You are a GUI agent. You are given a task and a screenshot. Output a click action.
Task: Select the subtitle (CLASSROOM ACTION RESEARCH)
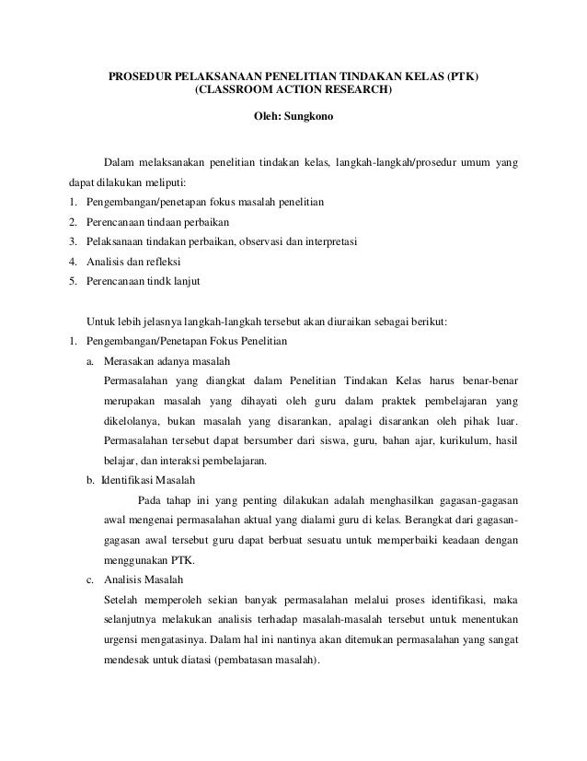click(293, 91)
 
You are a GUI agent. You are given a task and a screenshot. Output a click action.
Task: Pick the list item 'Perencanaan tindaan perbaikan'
click(157, 222)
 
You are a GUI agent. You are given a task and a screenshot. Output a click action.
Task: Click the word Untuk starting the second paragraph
click(100, 322)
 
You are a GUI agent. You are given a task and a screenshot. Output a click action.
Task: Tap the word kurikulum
click(432, 440)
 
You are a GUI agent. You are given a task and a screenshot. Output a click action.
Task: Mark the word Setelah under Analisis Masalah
click(122, 601)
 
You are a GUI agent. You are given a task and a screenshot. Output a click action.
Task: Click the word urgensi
click(125, 640)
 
